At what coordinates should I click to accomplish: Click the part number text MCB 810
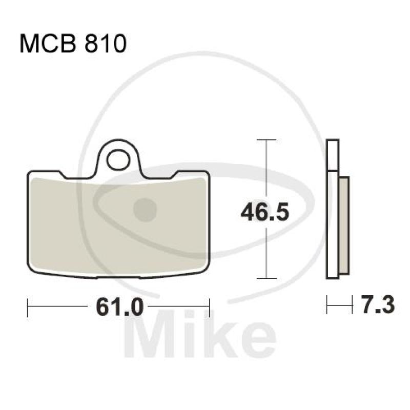pyautogui.click(x=73, y=44)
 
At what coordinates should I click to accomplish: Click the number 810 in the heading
pyautogui.click(x=106, y=44)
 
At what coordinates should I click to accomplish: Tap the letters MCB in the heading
pyautogui.click(x=48, y=44)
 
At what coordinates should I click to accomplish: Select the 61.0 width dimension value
pyautogui.click(x=120, y=306)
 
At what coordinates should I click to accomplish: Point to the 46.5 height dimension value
pyautogui.click(x=265, y=212)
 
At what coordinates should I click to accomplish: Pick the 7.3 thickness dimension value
pyautogui.click(x=378, y=304)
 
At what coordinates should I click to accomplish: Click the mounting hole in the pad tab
pyautogui.click(x=118, y=160)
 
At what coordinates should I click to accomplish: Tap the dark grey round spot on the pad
pyautogui.click(x=145, y=210)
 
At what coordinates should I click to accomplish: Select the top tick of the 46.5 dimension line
pyautogui.click(x=266, y=140)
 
